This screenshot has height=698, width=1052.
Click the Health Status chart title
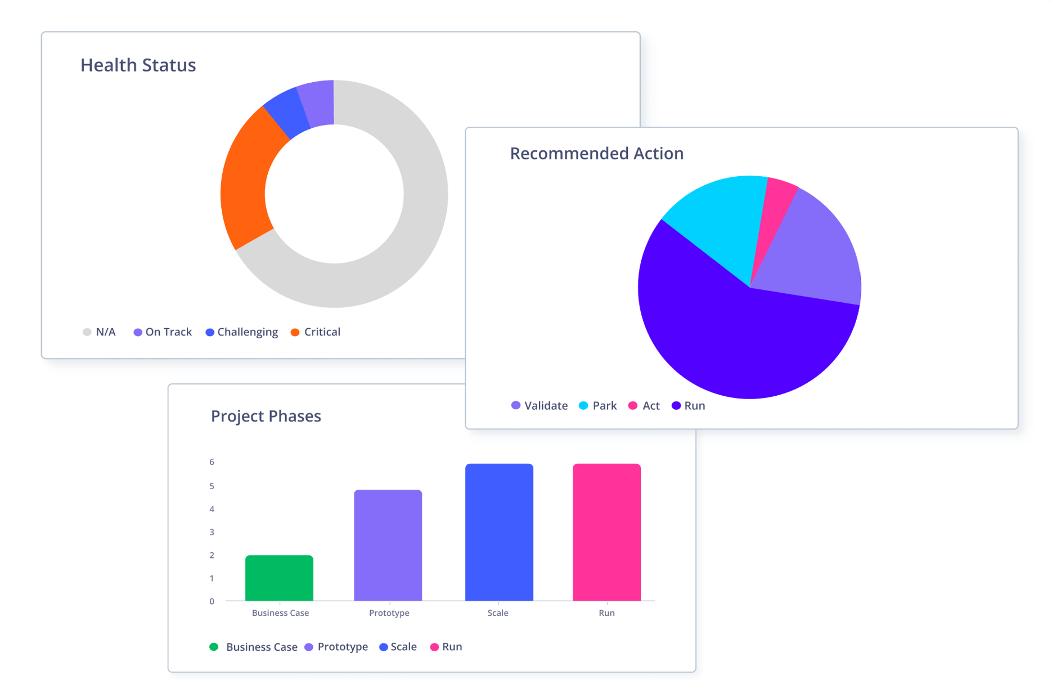click(138, 65)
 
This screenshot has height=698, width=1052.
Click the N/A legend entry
click(100, 332)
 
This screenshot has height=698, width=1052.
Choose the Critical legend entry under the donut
click(316, 332)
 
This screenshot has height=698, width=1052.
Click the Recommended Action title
click(596, 153)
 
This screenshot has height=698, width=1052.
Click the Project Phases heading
click(266, 416)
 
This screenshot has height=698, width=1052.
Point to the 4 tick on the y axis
click(212, 509)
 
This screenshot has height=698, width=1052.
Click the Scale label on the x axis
click(498, 613)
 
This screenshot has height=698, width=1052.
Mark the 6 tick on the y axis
click(212, 462)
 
